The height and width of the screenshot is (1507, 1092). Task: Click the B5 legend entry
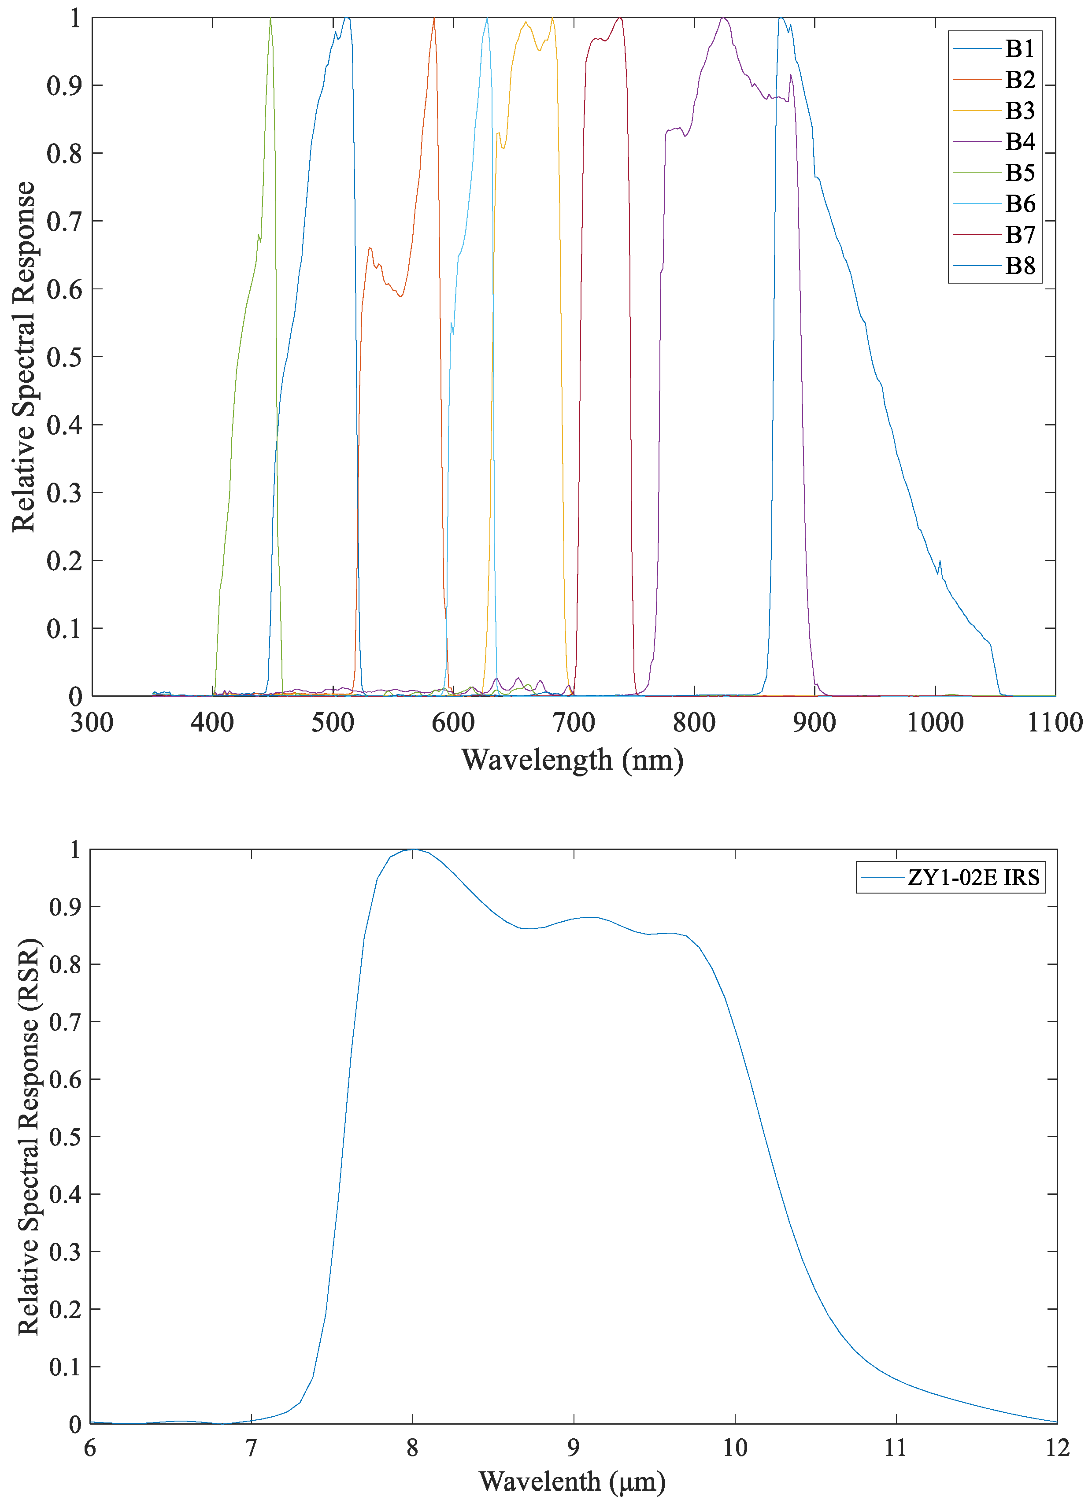1019,173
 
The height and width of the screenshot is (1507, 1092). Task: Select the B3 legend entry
1019,110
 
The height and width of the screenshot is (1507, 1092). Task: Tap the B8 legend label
1019,266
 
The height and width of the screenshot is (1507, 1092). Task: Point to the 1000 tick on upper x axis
935,722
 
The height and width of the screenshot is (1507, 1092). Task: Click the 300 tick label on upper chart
92,722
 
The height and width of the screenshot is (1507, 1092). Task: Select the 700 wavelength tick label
574,722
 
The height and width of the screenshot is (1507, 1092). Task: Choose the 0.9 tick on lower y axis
65,908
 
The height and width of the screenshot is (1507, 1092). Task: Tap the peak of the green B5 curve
270,18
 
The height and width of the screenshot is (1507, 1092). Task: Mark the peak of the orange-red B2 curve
434,18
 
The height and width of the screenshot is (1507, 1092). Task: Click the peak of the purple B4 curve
723,18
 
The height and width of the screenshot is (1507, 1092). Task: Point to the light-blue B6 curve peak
487,18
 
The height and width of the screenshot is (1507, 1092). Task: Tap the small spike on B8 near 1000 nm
940,561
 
